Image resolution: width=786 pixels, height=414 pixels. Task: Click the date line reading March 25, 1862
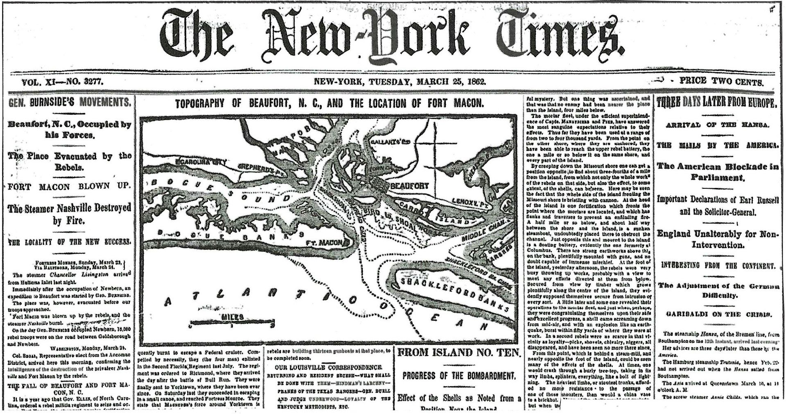pos(400,81)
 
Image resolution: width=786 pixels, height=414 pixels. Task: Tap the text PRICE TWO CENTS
pos(721,81)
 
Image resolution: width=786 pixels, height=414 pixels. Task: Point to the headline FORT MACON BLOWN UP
pos(70,186)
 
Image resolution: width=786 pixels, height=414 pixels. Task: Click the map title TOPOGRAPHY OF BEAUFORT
pos(329,103)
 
